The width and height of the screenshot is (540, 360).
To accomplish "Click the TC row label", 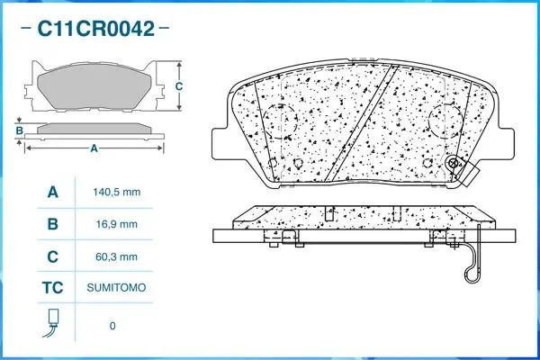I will pos(51,288).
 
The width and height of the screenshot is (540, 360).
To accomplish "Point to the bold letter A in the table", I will pos(51,193).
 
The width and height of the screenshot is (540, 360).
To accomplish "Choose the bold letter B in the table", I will pos(51,224).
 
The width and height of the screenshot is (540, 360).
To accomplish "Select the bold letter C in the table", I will pos(51,256).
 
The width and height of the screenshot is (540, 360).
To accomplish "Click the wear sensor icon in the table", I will pos(51,322).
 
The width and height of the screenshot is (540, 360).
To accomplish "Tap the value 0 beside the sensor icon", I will pos(112,325).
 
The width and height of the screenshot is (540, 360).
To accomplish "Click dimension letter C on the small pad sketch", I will pos(178,86).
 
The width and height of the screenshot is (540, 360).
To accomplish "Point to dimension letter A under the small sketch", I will pos(94,148).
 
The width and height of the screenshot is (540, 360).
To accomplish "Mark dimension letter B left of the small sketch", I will pos(19,130).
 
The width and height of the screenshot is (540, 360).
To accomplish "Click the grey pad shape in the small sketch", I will pos(94,86).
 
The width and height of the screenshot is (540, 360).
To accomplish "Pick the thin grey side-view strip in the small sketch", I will pos(94,128).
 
